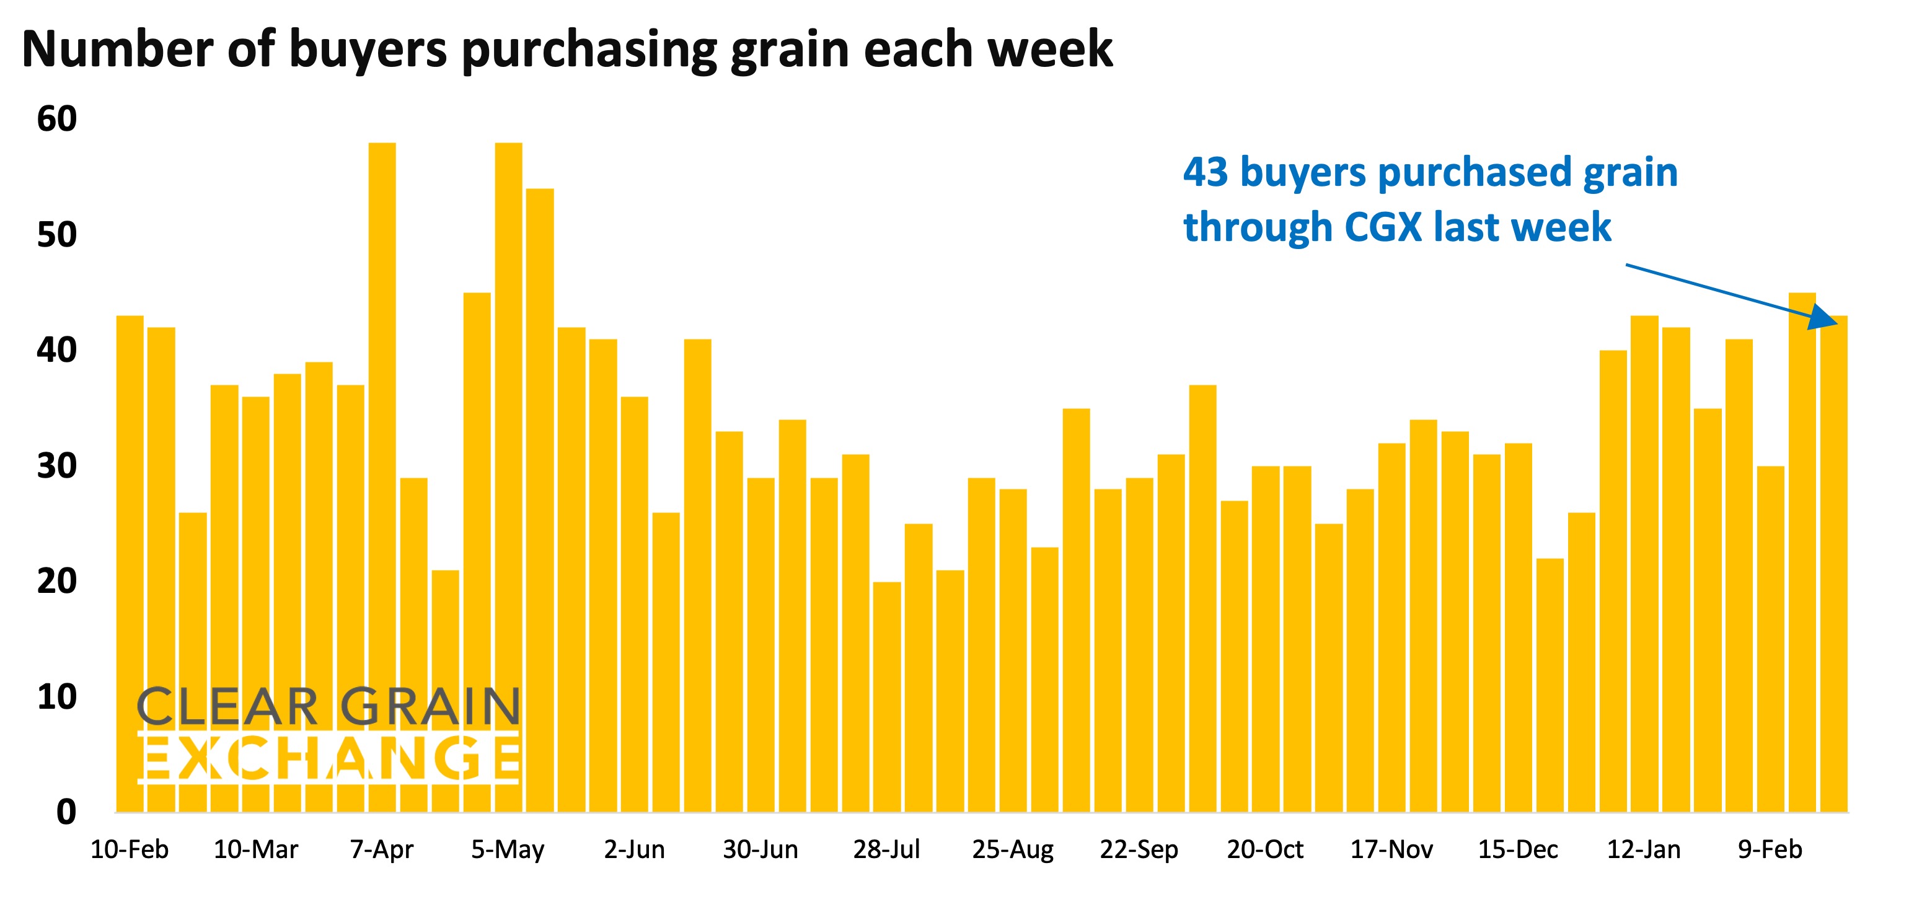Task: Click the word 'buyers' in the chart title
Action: coord(368,50)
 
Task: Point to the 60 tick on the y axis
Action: coord(57,119)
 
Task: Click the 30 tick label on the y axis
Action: coord(57,466)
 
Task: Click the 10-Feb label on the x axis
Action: coord(130,849)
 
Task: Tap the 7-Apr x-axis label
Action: coord(382,849)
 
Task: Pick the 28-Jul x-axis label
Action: coord(886,849)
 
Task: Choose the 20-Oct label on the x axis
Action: coord(1265,849)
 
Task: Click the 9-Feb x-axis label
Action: coord(1770,849)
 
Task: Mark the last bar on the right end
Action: coord(1833,563)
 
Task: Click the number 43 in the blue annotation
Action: coord(1206,173)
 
